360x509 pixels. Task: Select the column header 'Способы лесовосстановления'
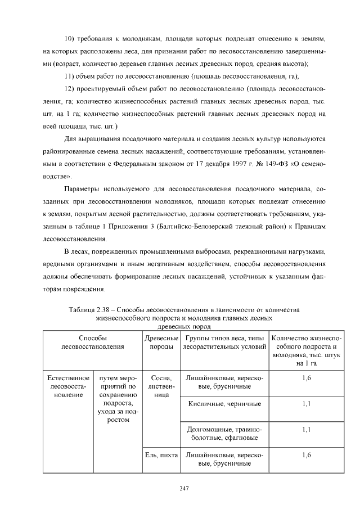tap(93, 342)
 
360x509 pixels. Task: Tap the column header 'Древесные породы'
tap(161, 342)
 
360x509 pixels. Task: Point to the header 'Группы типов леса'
tap(223, 342)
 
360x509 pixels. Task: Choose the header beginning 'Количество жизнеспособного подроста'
tap(306, 350)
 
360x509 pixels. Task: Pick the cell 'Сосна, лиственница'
tap(161, 386)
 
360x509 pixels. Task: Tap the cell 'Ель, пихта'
tap(161, 454)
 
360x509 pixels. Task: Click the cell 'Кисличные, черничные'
tap(223, 404)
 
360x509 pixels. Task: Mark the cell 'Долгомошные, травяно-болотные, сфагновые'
tap(223, 433)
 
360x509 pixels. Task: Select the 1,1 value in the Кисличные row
tap(306, 404)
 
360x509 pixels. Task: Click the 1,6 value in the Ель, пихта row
tap(306, 454)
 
